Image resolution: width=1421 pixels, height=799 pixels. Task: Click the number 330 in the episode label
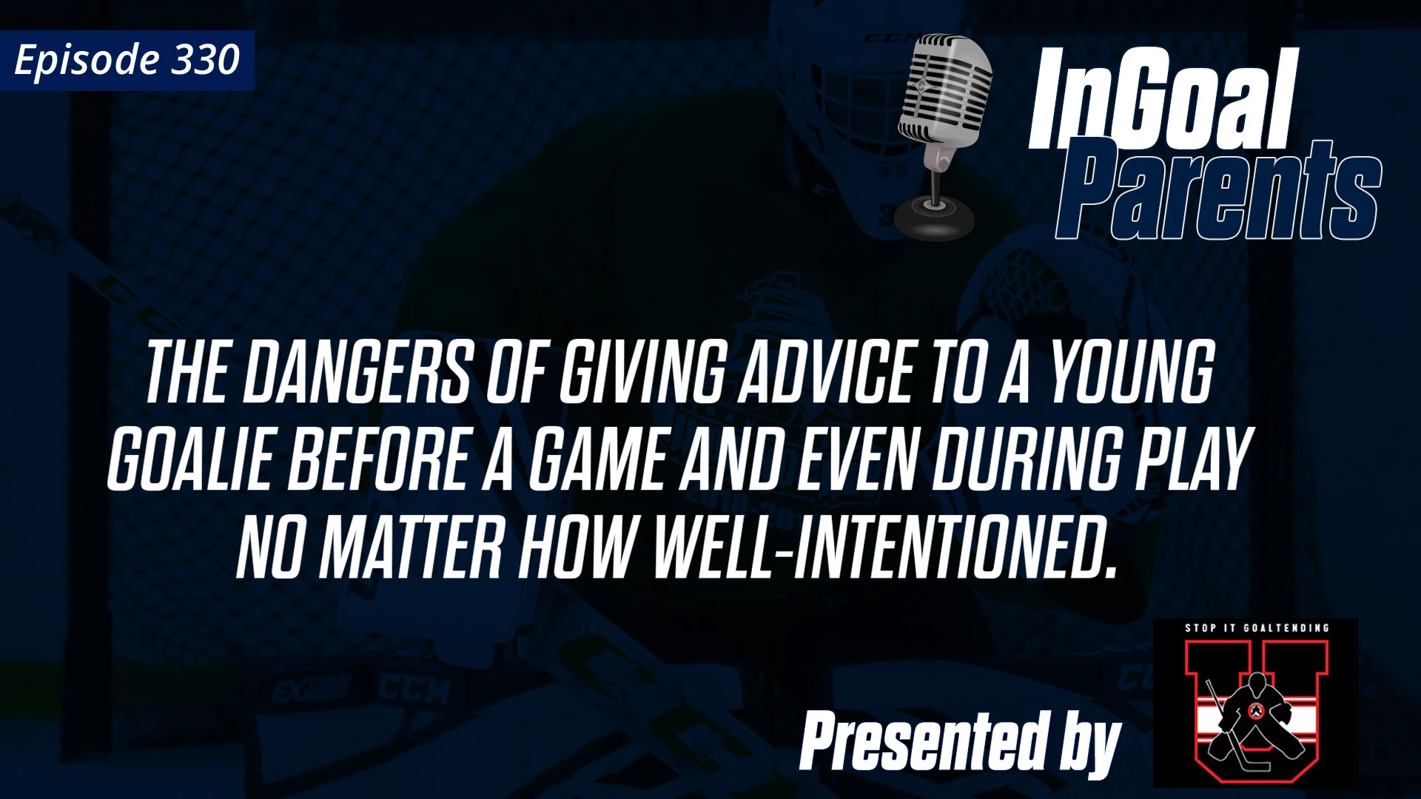pyautogui.click(x=205, y=60)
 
